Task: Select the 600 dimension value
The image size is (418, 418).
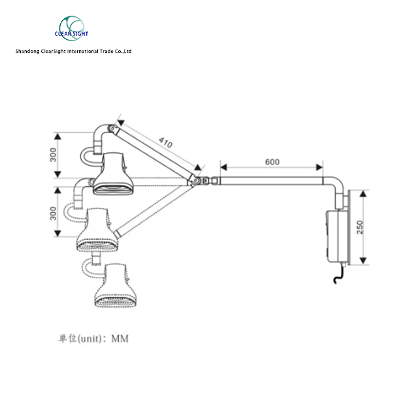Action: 273,162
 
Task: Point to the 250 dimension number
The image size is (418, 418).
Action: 360,228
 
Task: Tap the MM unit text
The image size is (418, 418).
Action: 120,338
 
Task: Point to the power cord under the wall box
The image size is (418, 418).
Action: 338,276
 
